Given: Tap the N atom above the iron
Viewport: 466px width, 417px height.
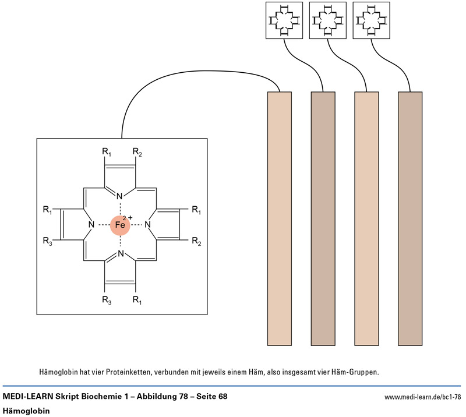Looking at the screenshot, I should tap(120, 196).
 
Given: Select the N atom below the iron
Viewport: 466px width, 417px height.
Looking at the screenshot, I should tap(120, 254).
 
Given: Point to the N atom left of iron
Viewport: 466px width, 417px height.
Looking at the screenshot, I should tap(91, 225).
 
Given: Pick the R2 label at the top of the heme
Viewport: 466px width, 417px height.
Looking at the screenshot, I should tap(136, 152).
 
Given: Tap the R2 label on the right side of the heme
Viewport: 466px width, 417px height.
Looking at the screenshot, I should tap(196, 241).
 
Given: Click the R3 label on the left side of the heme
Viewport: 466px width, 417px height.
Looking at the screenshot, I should tap(48, 241).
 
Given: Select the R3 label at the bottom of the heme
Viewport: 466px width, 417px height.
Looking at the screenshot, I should tap(105, 300).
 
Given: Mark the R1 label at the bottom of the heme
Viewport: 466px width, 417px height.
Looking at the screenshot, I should tap(136, 300).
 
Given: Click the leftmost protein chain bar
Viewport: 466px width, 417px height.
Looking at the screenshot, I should tap(279, 218).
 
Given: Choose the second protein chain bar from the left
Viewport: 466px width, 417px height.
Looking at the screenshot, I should tap(323, 218).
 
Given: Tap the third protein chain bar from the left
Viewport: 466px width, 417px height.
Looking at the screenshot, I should tap(366, 218).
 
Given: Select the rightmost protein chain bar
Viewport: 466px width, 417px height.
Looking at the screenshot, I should tap(410, 218).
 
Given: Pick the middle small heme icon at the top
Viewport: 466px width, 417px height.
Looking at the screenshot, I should tap(329, 20).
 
